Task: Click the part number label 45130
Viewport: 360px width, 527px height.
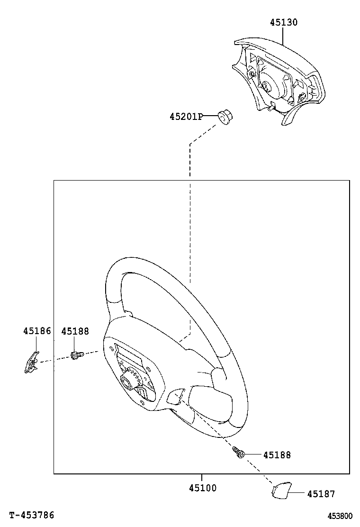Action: pyautogui.click(x=284, y=22)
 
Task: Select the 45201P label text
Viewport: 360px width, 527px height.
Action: pyautogui.click(x=186, y=116)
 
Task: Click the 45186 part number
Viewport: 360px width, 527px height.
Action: pyautogui.click(x=37, y=331)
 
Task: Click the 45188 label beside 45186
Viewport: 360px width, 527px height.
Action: pyautogui.click(x=75, y=331)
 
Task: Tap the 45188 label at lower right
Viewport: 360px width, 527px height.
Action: pyautogui.click(x=277, y=455)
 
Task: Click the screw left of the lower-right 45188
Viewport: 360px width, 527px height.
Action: pyautogui.click(x=239, y=452)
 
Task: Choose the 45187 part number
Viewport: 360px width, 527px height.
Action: pyautogui.click(x=321, y=494)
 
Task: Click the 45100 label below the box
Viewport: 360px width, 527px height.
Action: pyautogui.click(x=203, y=488)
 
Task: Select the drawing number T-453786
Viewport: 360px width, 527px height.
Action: pyautogui.click(x=32, y=515)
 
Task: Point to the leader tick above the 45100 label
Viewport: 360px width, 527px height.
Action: pyautogui.click(x=202, y=478)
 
